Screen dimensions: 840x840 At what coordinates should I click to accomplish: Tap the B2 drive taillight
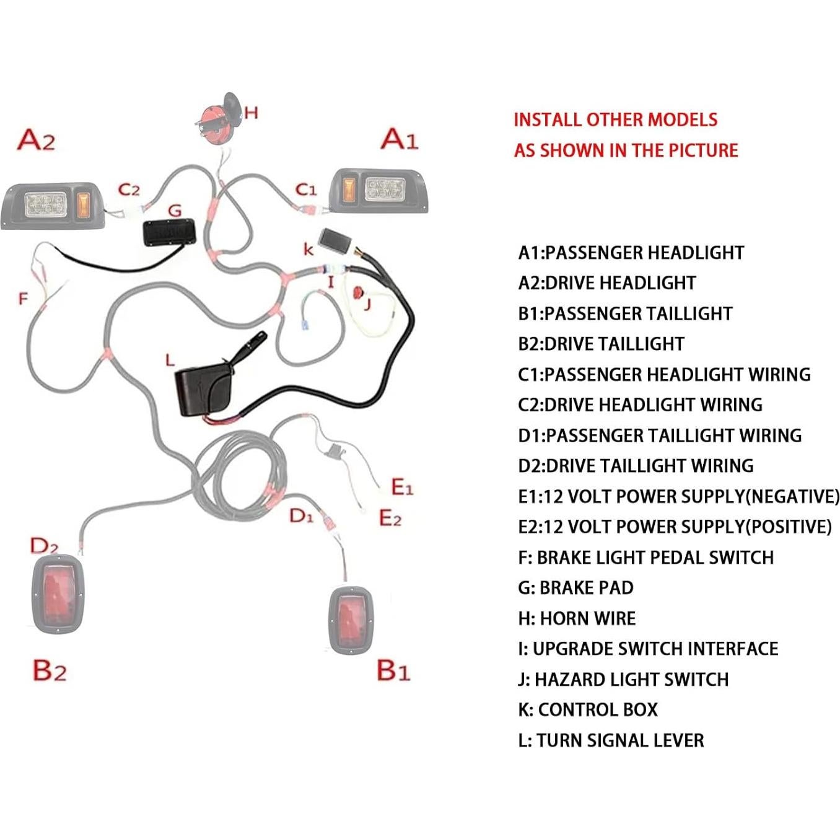click(57, 593)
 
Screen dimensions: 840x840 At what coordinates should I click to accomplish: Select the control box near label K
click(338, 240)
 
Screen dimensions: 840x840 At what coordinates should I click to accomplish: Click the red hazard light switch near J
click(357, 293)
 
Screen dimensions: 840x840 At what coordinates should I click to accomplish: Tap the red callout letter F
click(24, 299)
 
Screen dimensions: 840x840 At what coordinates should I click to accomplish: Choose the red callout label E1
click(402, 488)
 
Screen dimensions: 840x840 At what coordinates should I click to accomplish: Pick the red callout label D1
click(302, 515)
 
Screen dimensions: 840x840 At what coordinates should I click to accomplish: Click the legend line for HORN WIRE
click(577, 618)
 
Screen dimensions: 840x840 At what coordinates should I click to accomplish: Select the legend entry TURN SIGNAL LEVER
click(611, 740)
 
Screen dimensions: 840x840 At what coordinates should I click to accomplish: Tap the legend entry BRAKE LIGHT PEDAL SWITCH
click(645, 557)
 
